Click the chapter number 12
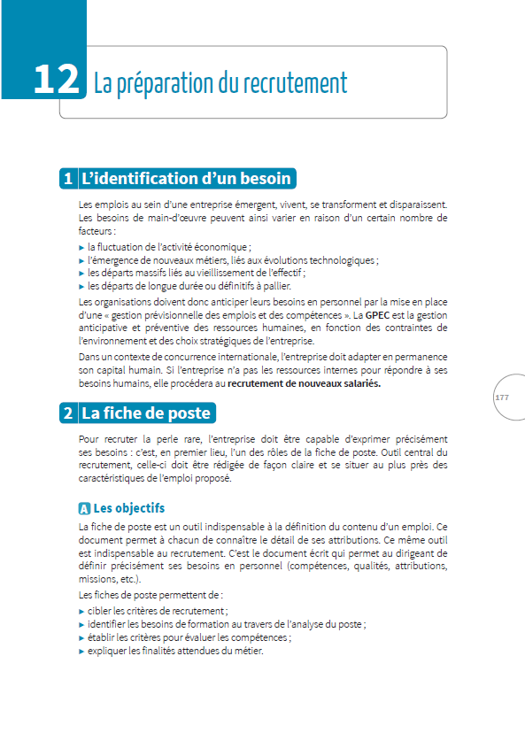coord(57,81)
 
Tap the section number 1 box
coord(67,178)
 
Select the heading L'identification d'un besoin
coord(186,178)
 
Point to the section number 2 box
coord(67,413)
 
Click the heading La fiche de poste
coord(146,413)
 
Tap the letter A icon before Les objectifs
coord(84,509)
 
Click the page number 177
coord(502,398)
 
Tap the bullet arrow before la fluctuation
coord(82,248)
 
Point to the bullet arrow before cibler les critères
coord(82,612)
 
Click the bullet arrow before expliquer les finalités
coord(82,651)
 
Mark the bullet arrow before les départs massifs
coord(82,274)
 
